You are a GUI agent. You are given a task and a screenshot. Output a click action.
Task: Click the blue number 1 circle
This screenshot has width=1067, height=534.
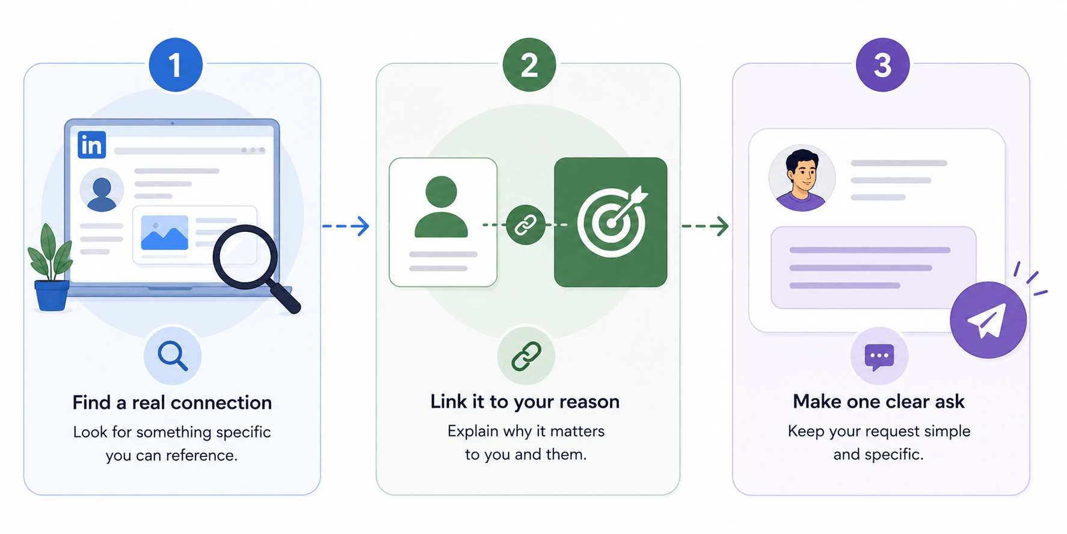coord(175,65)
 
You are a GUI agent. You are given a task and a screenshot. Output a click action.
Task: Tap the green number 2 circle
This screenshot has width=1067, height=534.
coord(529,65)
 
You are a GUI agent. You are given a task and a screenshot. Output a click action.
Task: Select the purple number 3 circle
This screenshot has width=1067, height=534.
coord(882,65)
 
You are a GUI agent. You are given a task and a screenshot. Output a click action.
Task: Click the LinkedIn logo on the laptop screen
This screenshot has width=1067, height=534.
coord(92,145)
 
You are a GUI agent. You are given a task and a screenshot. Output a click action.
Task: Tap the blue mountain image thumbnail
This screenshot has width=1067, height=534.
coord(164,233)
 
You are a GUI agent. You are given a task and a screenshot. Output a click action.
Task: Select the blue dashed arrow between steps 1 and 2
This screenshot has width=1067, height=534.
coord(346,226)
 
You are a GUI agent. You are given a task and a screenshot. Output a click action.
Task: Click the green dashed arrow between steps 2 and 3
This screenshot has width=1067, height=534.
coord(705,226)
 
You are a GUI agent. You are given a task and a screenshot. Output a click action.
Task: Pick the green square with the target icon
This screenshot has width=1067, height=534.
coord(610,222)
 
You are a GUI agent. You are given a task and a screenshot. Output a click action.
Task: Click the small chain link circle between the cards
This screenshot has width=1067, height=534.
coord(526,225)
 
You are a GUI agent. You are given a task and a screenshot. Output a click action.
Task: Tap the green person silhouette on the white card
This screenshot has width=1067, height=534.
coord(441,206)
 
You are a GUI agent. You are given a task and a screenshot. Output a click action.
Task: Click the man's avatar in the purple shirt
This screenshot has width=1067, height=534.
coord(802,178)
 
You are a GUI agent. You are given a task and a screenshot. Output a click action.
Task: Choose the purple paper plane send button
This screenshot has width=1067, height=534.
coord(988,320)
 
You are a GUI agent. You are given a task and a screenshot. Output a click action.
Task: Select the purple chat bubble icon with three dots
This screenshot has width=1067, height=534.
coord(879,356)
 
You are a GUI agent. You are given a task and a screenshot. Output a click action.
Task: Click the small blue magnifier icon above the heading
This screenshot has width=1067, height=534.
coord(173,356)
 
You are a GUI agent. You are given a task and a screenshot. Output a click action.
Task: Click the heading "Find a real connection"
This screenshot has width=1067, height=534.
coord(172,402)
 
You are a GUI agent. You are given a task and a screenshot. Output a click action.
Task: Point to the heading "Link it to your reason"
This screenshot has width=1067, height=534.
coord(525,402)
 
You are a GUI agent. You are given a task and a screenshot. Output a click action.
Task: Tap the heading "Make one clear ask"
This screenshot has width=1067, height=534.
coord(879,402)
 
